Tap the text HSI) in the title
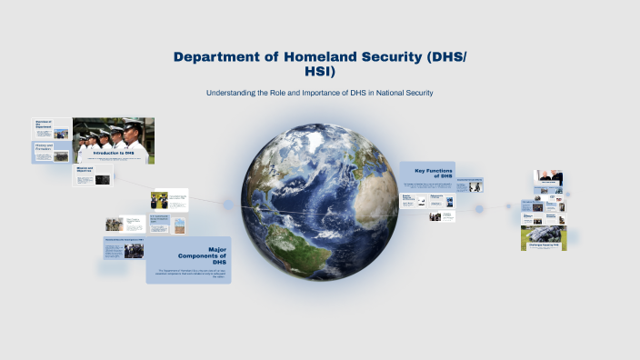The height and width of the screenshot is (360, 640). coord(320,72)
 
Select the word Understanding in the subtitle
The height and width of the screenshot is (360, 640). coord(234,94)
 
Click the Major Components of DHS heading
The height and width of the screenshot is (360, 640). coord(211,255)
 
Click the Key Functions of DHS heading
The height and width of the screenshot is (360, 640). coord(433,173)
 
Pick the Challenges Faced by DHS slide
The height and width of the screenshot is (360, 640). coord(544,238)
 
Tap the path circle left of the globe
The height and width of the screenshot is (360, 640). coord(228,205)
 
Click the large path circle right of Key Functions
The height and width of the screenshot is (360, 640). coord(479,208)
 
